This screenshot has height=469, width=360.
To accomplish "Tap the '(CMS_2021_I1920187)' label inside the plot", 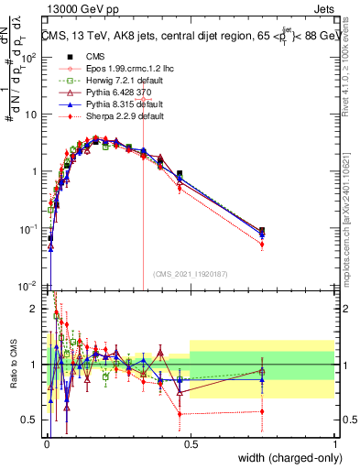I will point(190,274).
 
